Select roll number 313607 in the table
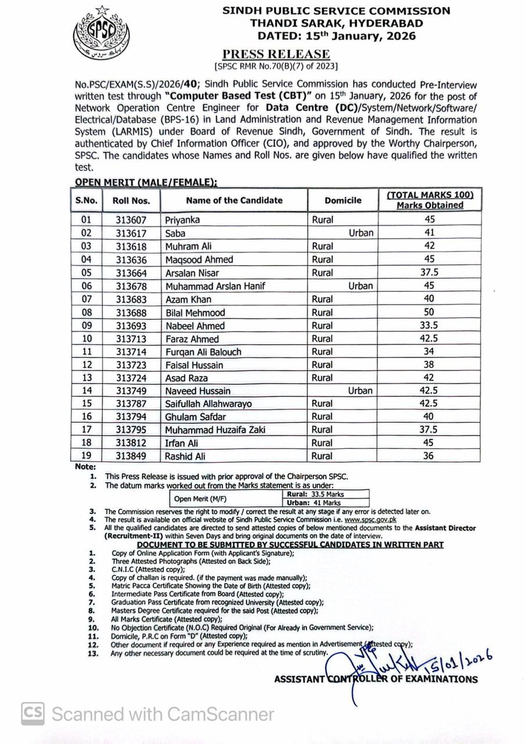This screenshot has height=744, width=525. pos(131,220)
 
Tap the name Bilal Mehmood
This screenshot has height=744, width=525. pos(195,313)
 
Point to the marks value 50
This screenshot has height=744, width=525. pos(429,313)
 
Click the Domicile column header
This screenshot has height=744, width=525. pos(343,200)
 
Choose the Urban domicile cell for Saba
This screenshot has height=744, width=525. pos(360,233)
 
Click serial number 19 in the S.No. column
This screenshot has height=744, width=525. pos(87,456)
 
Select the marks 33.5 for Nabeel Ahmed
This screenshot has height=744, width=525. pos(429,326)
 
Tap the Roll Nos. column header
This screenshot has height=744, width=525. pos(131,201)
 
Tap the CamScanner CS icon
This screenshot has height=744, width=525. pos(33,713)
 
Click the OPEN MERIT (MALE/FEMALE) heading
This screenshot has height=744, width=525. pos(145,182)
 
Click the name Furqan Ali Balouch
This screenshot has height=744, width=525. pos(203,352)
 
